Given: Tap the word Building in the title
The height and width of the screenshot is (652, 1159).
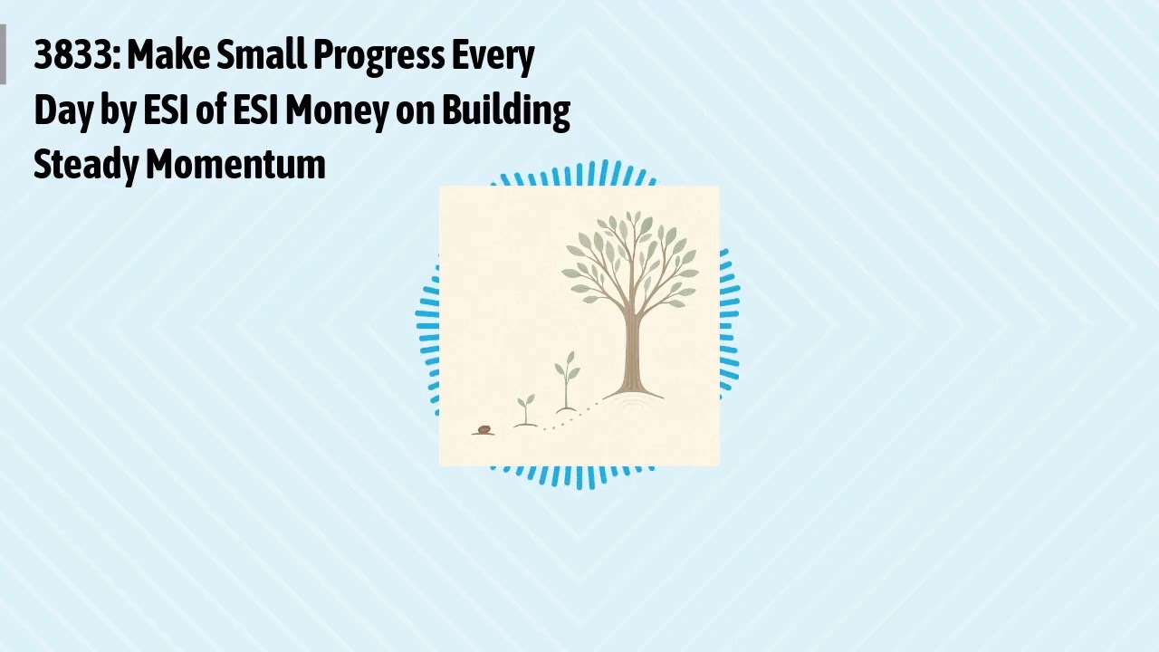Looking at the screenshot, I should [505, 110].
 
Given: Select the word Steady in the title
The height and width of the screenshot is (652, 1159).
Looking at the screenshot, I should [86, 165].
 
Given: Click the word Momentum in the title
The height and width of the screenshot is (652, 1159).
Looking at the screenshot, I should [235, 165].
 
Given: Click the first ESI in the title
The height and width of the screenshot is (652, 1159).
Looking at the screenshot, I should [166, 110].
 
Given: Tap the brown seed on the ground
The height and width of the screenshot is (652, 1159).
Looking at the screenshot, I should [484, 429].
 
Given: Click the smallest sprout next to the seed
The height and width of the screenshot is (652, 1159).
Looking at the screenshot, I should [526, 408].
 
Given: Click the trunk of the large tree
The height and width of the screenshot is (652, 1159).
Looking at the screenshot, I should [631, 353].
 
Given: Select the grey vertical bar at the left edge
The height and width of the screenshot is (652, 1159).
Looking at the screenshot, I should [3, 54].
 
